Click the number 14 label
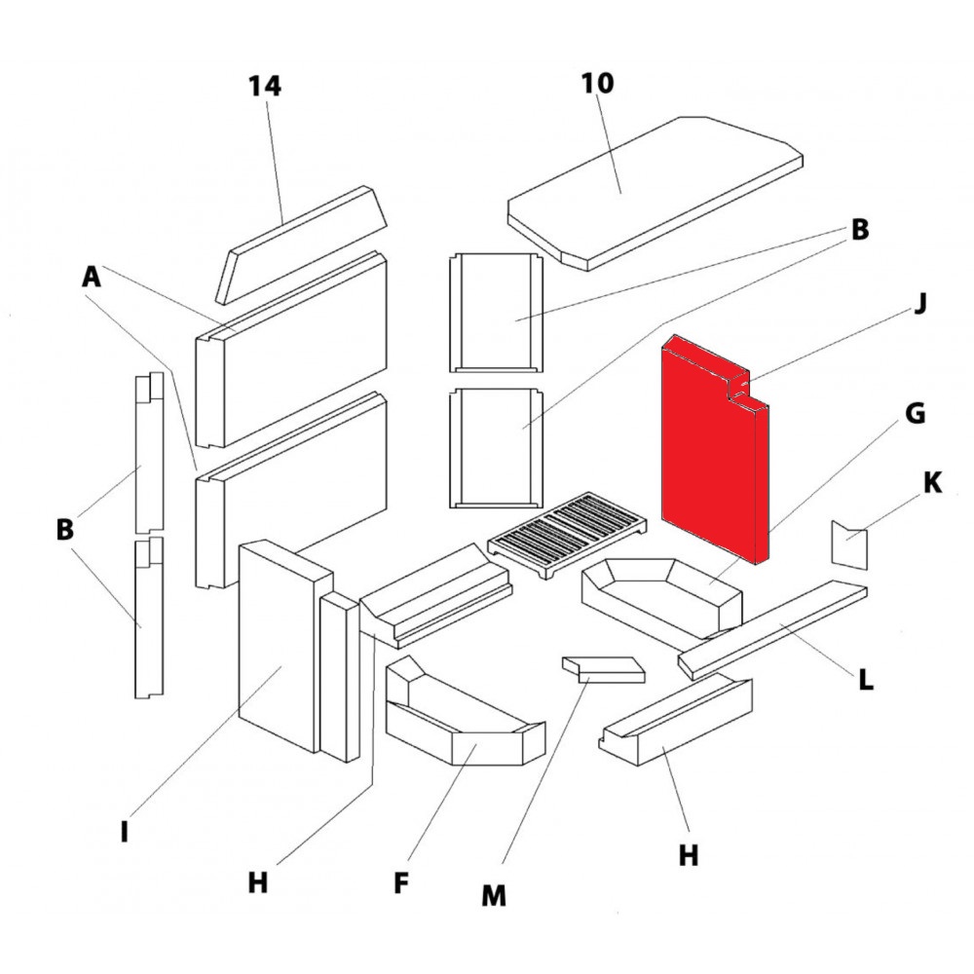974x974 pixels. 264,86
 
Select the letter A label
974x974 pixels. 91,278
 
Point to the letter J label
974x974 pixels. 920,304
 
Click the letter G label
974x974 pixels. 915,414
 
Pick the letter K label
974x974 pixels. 932,483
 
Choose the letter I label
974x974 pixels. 124,833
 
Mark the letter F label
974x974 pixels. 400,883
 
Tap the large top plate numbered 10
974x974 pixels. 653,190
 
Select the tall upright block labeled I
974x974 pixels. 278,648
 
